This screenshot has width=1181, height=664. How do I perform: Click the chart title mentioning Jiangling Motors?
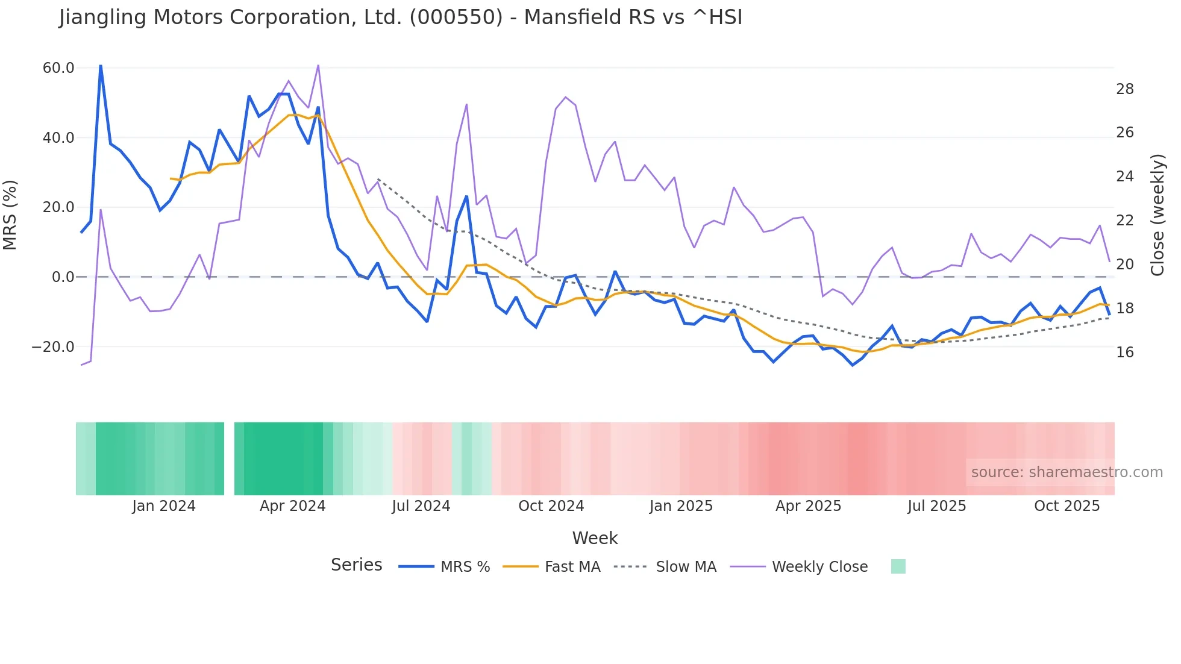[401, 17]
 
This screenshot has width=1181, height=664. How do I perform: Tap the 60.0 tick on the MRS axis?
[58, 68]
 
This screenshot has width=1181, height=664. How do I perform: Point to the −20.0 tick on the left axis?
[53, 347]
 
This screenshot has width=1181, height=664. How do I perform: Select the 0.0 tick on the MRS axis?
[63, 277]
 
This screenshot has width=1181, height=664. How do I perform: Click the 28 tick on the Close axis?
[1124, 89]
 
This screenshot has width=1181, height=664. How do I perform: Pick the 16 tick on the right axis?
[1124, 352]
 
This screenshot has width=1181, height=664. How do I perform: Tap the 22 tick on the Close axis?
[1124, 221]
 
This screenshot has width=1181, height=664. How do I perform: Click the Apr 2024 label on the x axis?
[292, 506]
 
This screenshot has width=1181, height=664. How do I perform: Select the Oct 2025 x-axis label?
[1067, 506]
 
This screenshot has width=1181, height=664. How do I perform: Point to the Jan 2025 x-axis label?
[681, 506]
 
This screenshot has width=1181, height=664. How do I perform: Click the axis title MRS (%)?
[10, 215]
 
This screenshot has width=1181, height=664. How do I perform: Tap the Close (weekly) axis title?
[1158, 215]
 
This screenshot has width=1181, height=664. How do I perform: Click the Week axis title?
[595, 538]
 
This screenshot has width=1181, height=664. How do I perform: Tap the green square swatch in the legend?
[898, 566]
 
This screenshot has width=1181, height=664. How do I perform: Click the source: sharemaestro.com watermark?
[1067, 472]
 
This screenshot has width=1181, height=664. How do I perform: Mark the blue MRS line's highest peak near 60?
[101, 66]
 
